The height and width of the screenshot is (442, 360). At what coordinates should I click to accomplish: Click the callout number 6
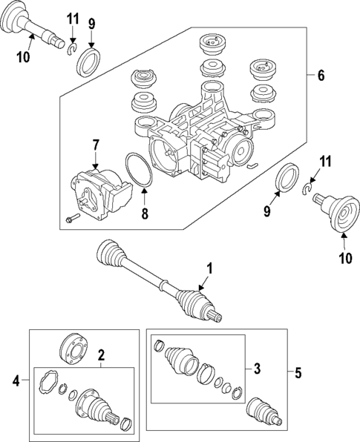(321, 75)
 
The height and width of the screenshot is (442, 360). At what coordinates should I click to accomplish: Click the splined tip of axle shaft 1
(215, 318)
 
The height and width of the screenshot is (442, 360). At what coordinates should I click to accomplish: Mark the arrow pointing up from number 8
(145, 199)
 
